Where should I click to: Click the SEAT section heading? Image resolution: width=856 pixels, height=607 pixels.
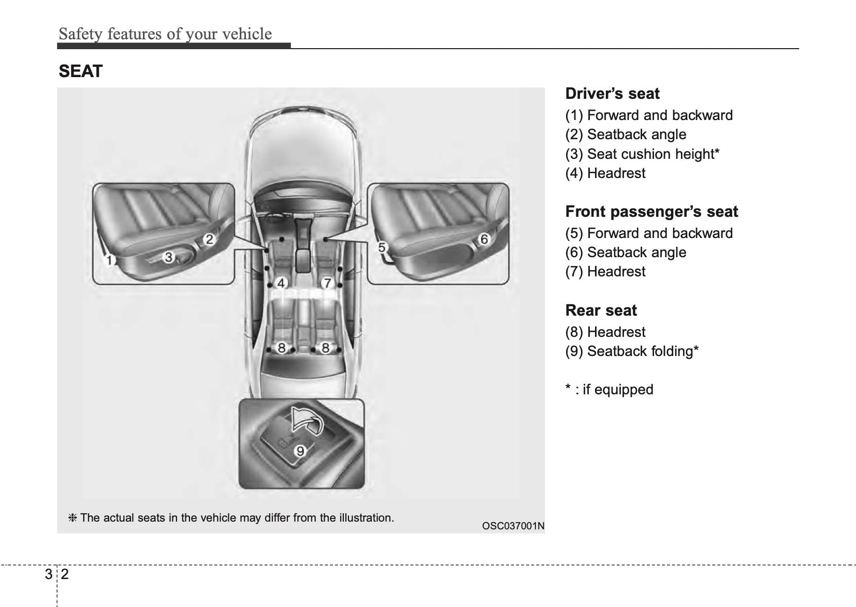[81, 71]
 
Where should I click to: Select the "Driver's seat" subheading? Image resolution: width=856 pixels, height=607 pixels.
[612, 94]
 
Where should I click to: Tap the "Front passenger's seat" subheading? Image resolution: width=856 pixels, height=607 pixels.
[651, 212]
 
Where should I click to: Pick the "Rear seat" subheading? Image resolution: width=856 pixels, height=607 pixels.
[601, 310]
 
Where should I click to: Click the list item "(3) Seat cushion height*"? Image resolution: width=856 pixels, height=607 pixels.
[642, 154]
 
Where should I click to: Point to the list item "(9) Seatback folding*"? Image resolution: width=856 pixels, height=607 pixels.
[632, 351]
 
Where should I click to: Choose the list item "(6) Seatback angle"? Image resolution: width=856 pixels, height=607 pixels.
[626, 253]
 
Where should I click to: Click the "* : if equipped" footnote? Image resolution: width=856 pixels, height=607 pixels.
[609, 389]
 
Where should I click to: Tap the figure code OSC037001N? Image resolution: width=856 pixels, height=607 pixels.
[513, 526]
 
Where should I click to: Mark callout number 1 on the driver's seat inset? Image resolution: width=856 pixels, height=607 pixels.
[109, 260]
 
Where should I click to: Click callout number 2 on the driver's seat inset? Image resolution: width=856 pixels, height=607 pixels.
[209, 239]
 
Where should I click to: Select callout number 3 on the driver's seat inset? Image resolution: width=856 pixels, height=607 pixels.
[168, 257]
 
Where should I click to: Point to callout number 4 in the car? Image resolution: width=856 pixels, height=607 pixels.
[281, 283]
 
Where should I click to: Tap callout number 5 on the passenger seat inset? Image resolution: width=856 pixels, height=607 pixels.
[382, 247]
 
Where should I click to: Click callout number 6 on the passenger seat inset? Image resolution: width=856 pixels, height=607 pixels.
[484, 239]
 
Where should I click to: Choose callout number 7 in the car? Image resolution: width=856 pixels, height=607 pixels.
[327, 283]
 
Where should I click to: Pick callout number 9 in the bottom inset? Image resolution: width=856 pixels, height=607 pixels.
[300, 451]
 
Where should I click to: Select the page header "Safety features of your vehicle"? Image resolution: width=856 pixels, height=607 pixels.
[165, 34]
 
